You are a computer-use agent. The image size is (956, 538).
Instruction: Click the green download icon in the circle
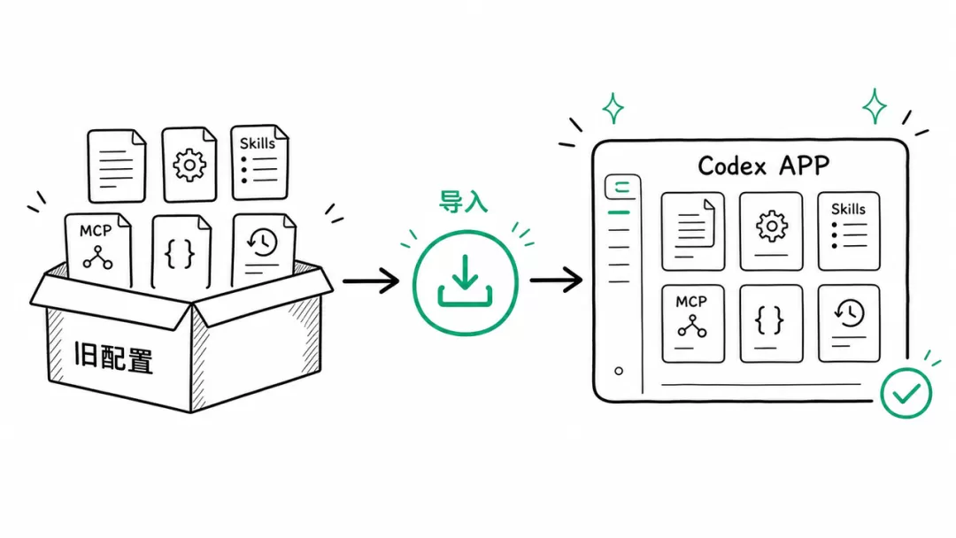coord(466,281)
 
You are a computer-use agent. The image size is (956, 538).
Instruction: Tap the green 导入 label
coord(463,202)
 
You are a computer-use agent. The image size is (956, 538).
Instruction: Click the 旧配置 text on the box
coord(113,357)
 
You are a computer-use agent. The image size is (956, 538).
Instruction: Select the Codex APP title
coord(763,165)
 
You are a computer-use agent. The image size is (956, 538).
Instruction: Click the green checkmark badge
coord(906,393)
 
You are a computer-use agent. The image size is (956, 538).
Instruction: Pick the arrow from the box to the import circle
coord(371,281)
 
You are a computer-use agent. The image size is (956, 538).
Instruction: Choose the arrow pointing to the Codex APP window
coord(556,281)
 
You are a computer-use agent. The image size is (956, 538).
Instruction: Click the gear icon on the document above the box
coord(189,165)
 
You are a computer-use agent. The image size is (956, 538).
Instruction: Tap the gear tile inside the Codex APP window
coord(771,232)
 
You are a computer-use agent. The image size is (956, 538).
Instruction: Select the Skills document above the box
coord(259,162)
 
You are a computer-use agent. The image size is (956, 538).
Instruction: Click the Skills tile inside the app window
coord(849,231)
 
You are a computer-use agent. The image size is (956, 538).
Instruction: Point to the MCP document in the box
coord(98,250)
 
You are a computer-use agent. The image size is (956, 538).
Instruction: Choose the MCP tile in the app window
coord(693,324)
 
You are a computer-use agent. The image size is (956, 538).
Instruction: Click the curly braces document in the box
coord(181,251)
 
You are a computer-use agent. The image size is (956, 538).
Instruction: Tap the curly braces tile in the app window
coord(771,324)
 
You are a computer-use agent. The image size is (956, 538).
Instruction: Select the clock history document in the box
coord(264,250)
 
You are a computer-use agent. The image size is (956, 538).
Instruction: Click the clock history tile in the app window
coord(849,324)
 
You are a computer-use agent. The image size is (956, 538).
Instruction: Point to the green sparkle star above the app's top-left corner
coord(613,109)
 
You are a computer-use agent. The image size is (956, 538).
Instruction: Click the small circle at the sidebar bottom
coord(619,371)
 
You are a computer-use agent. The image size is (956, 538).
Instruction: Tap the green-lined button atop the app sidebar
coord(622,187)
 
